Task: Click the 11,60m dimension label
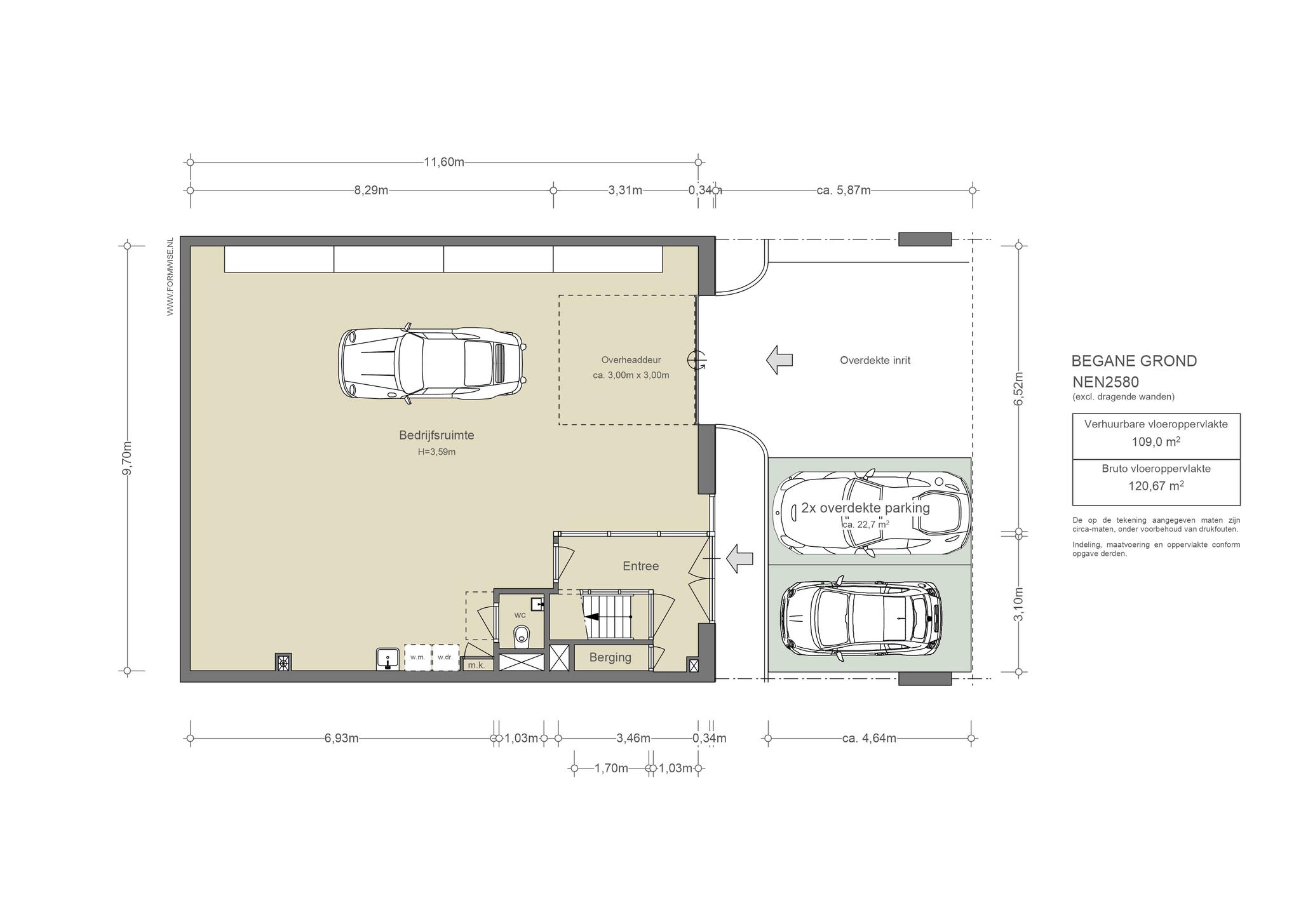click(444, 162)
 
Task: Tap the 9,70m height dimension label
click(127, 458)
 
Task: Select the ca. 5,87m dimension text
click(844, 190)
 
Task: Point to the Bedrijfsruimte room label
click(436, 436)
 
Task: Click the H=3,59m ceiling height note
click(436, 452)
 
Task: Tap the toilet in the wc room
click(522, 634)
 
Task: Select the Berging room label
click(610, 658)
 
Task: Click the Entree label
click(640, 566)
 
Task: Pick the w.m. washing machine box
click(417, 657)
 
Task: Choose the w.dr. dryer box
click(445, 657)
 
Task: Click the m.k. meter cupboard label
click(476, 666)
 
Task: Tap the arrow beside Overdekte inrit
click(779, 360)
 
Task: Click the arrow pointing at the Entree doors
click(739, 559)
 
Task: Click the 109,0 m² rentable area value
click(1156, 441)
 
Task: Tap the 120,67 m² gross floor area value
click(1156, 486)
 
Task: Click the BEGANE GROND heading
click(1134, 361)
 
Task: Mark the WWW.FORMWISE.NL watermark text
click(170, 277)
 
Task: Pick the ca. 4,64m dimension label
click(869, 738)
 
